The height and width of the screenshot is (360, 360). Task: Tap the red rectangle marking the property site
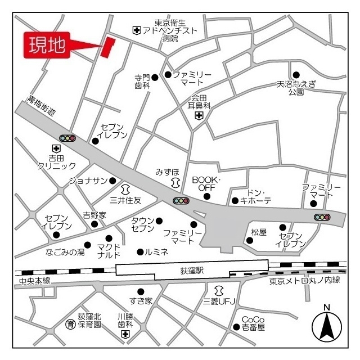tap(107, 47)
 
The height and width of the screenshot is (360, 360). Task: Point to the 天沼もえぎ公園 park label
tap(297, 87)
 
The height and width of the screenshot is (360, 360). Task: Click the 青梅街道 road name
tap(43, 105)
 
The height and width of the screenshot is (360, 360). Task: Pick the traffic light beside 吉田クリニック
tap(67, 138)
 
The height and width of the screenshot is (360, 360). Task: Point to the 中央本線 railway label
tap(34, 281)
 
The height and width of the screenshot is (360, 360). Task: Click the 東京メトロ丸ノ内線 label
tap(305, 281)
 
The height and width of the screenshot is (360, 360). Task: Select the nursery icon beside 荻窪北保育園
tap(70, 324)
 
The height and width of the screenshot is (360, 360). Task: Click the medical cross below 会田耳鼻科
tap(199, 116)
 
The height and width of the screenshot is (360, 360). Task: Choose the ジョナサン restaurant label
tap(88, 181)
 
